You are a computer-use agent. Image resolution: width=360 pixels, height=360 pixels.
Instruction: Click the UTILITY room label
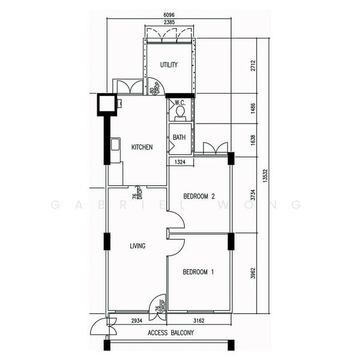pyautogui.click(x=169, y=65)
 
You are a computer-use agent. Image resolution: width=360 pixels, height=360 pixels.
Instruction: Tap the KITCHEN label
pyautogui.click(x=142, y=147)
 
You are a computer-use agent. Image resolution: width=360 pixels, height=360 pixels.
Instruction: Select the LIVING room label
pyautogui.click(x=137, y=246)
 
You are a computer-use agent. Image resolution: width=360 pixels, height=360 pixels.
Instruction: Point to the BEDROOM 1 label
pyautogui.click(x=198, y=272)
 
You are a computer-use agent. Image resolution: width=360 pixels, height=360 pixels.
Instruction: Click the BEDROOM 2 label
pyautogui.click(x=199, y=196)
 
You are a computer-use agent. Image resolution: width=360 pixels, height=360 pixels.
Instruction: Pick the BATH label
pyautogui.click(x=179, y=137)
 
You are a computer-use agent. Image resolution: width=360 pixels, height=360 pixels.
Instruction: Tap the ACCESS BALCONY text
pyautogui.click(x=170, y=332)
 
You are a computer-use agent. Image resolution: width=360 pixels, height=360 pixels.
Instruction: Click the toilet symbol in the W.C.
pyautogui.click(x=180, y=113)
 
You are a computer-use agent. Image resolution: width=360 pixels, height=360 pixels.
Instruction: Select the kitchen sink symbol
pyautogui.click(x=115, y=144)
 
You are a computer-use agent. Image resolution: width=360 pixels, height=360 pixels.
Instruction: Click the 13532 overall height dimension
pyautogui.click(x=265, y=176)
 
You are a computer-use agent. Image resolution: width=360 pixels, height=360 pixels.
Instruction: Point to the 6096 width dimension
pyautogui.click(x=169, y=15)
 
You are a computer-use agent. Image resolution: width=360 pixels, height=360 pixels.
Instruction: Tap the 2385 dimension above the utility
pyautogui.click(x=169, y=22)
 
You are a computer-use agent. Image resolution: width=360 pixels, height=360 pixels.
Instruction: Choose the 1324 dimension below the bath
pyautogui.click(x=180, y=162)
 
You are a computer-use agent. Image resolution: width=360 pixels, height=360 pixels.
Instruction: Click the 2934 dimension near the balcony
pyautogui.click(x=137, y=321)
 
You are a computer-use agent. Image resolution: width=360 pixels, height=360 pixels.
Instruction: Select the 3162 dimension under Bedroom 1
pyautogui.click(x=199, y=321)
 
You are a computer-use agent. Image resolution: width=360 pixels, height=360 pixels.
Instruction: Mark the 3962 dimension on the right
pyautogui.click(x=253, y=273)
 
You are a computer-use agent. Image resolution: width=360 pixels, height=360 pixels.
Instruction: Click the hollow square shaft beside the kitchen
pyautogui.click(x=107, y=104)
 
